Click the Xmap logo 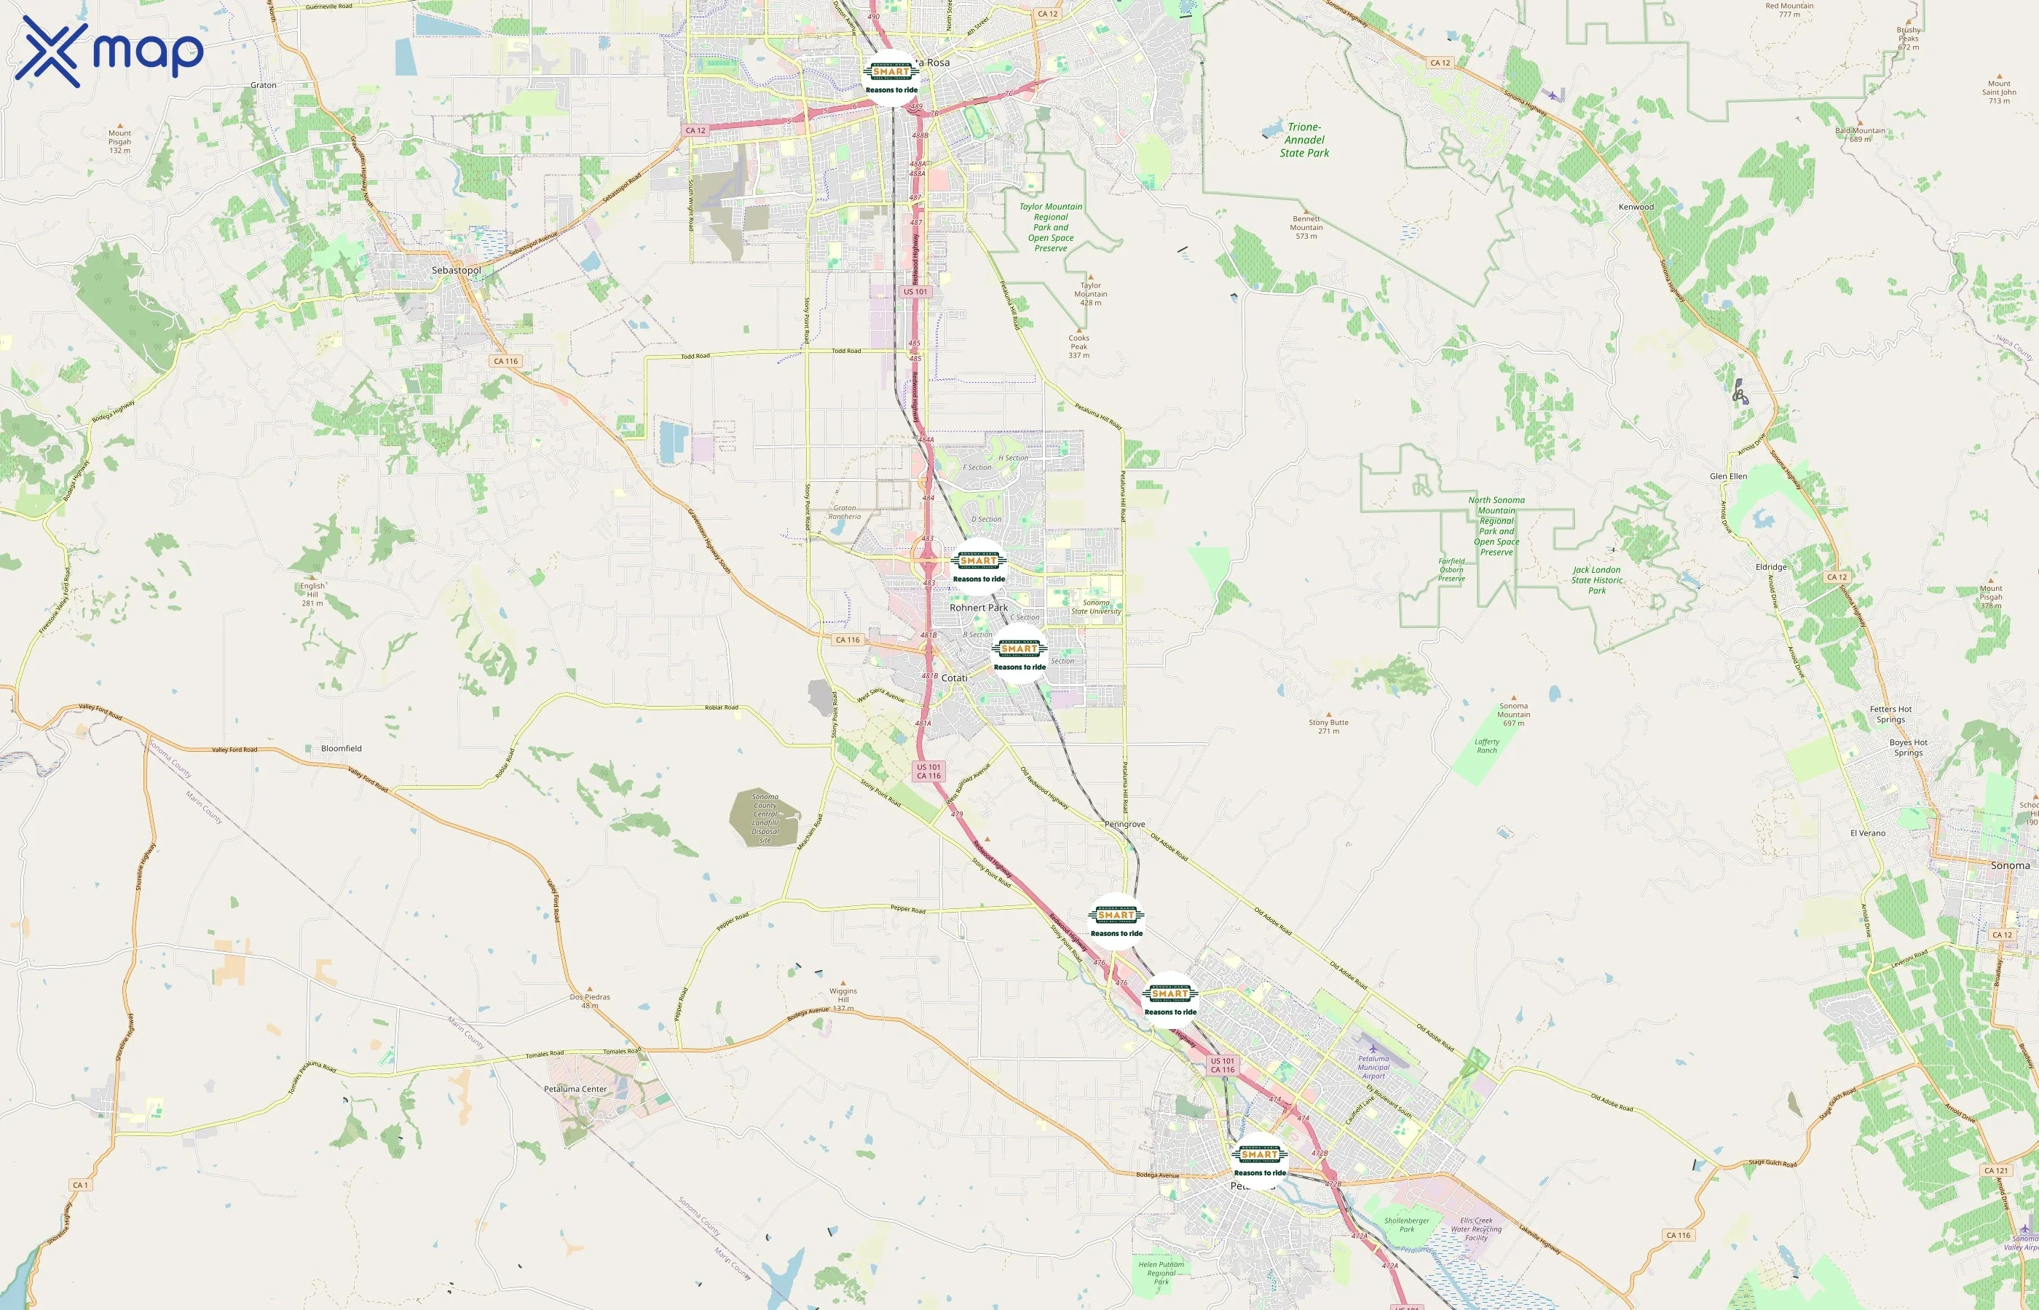click(x=109, y=51)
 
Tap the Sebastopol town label click(x=456, y=271)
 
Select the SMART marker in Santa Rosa click(x=891, y=77)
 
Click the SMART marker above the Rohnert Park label click(x=979, y=566)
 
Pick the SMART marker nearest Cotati click(x=1019, y=654)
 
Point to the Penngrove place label click(x=1124, y=825)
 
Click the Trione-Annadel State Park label click(x=1304, y=140)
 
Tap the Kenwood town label click(x=1636, y=207)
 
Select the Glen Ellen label click(x=1727, y=477)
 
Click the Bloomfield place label click(x=342, y=749)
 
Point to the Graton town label click(x=264, y=85)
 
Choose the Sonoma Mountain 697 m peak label click(x=1513, y=715)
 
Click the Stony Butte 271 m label click(x=1328, y=726)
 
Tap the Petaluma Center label click(x=575, y=1089)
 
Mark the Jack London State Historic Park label click(x=1596, y=580)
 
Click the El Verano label click(x=1867, y=833)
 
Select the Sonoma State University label click(x=1096, y=606)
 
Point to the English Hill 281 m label click(x=312, y=594)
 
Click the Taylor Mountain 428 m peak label click(x=1090, y=293)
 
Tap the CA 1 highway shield click(x=80, y=1185)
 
